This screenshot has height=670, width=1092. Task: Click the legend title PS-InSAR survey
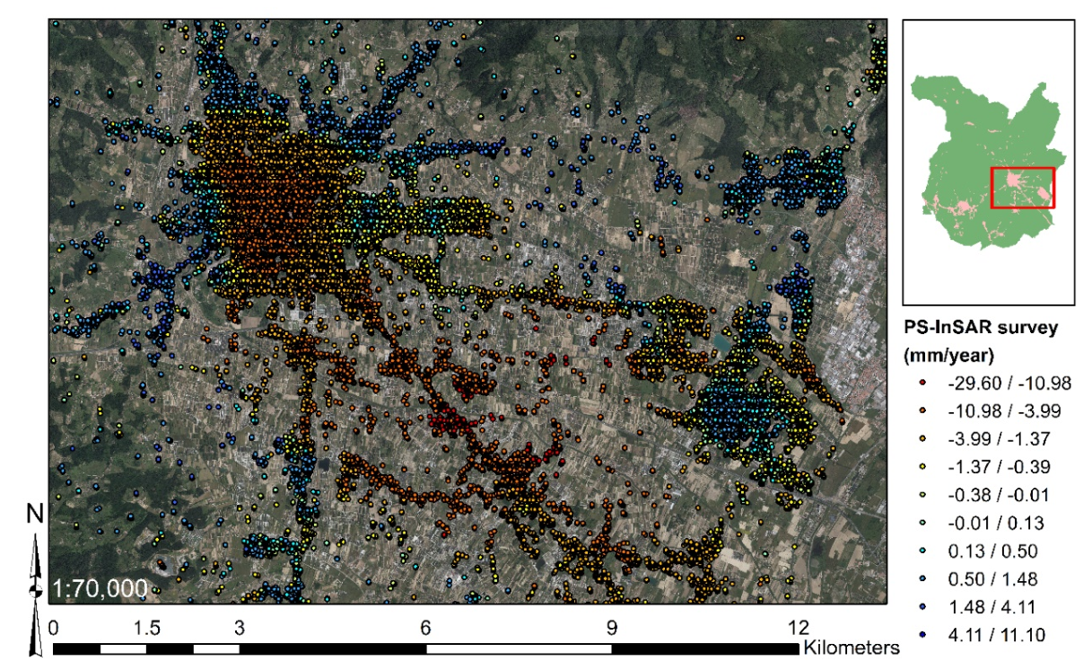(x=980, y=328)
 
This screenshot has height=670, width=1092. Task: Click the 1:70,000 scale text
(x=101, y=589)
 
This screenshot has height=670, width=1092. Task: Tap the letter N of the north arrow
(x=36, y=514)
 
